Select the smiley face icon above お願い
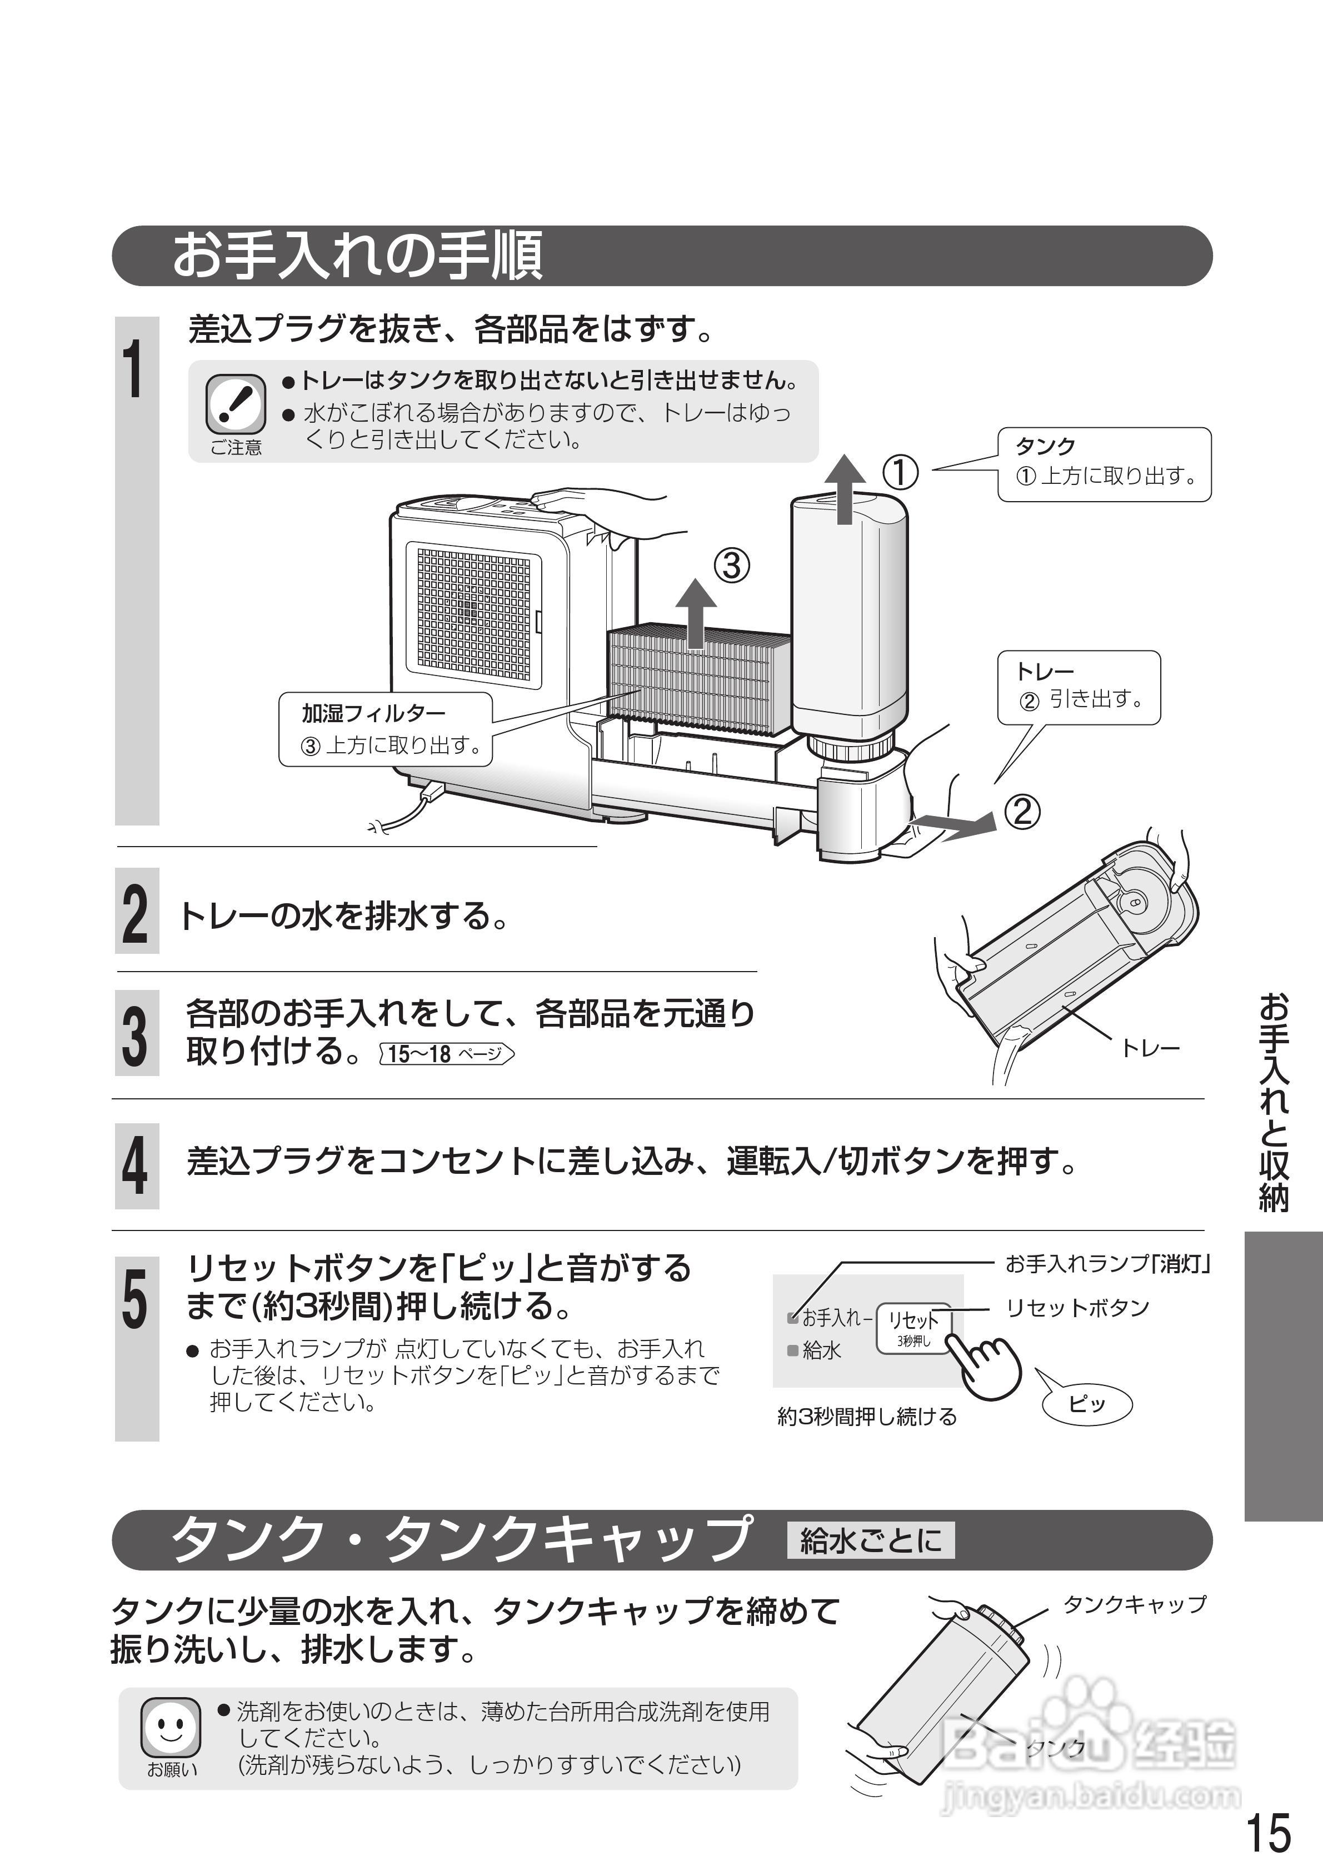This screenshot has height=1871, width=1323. click(171, 1728)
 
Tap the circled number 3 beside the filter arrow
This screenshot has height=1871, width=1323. click(731, 565)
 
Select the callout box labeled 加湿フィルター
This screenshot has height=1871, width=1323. click(386, 728)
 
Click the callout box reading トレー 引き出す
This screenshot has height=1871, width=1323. click(1077, 687)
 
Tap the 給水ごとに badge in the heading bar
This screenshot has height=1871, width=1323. click(870, 1540)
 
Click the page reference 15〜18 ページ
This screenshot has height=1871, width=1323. click(447, 1054)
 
